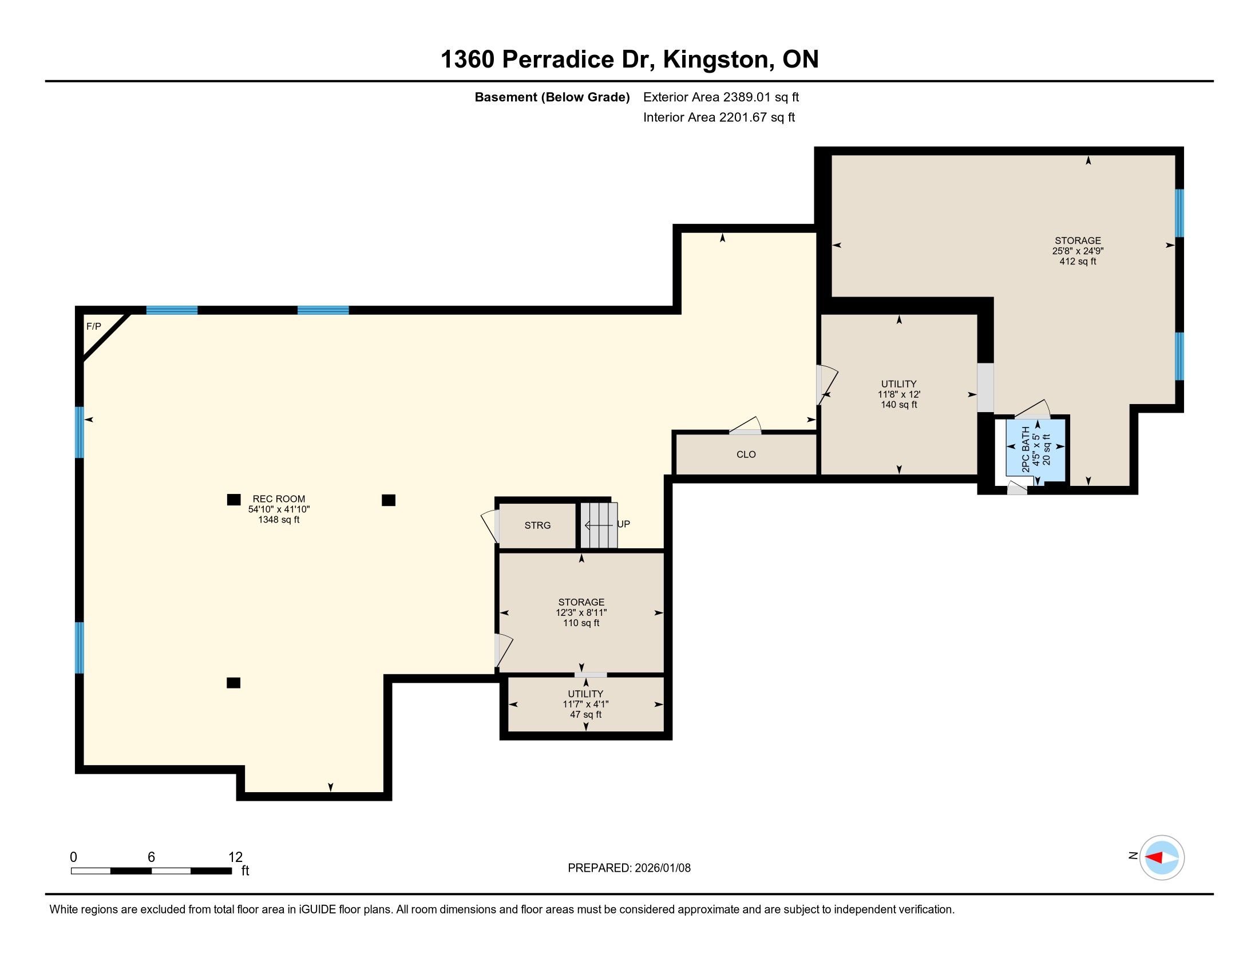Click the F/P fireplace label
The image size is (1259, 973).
93,327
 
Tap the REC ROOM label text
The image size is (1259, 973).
279,499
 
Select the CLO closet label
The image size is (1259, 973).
746,455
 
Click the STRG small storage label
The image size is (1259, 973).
537,525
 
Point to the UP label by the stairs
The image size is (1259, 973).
624,524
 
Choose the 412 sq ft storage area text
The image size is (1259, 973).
1078,262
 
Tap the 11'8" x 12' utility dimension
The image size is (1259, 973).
898,395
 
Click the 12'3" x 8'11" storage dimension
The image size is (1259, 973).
581,613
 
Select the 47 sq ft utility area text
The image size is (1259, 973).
585,715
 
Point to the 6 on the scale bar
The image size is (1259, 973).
151,857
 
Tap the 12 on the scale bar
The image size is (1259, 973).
235,857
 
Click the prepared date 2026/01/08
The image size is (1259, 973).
662,868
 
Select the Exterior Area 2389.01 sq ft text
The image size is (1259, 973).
721,97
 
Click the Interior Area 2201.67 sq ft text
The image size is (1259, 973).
719,117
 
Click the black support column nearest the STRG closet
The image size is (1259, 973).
389,500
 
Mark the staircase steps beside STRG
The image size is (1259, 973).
599,525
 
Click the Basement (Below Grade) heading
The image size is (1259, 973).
552,97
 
